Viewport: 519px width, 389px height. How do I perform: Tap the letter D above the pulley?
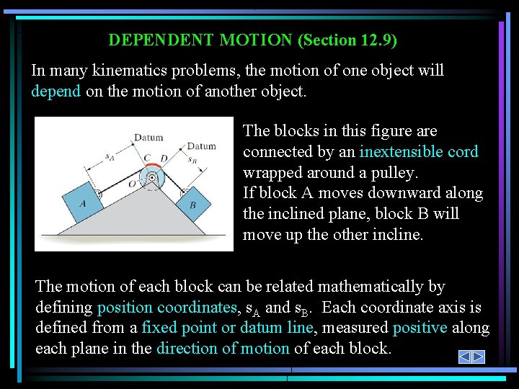coord(164,157)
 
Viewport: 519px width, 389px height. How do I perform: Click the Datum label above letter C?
coord(148,138)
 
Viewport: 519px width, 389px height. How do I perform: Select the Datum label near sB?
coord(201,146)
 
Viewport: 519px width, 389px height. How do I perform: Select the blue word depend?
coord(56,91)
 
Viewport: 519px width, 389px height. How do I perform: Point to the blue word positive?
coord(420,328)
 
